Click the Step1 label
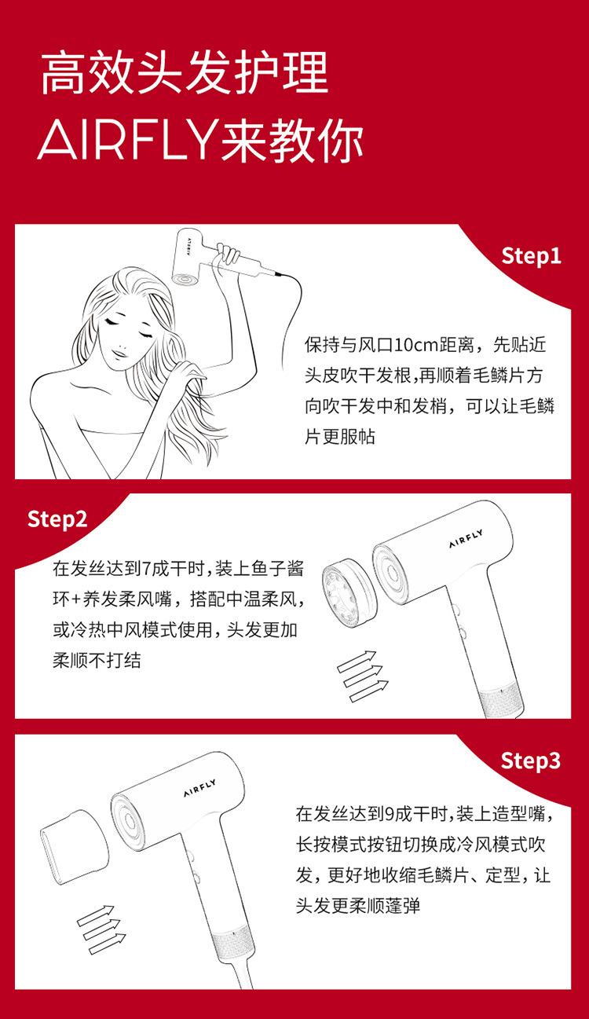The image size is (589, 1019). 531,256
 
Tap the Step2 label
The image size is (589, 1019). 57,519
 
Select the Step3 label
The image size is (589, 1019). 531,761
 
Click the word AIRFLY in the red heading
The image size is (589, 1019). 127,139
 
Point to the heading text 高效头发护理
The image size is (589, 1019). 185,73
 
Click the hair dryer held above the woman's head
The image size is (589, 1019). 214,259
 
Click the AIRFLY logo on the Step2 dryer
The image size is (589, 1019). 466,539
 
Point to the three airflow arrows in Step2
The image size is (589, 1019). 363,676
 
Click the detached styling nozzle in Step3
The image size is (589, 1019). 75,847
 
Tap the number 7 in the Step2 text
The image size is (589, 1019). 146,569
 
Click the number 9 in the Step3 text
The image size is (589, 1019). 390,814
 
